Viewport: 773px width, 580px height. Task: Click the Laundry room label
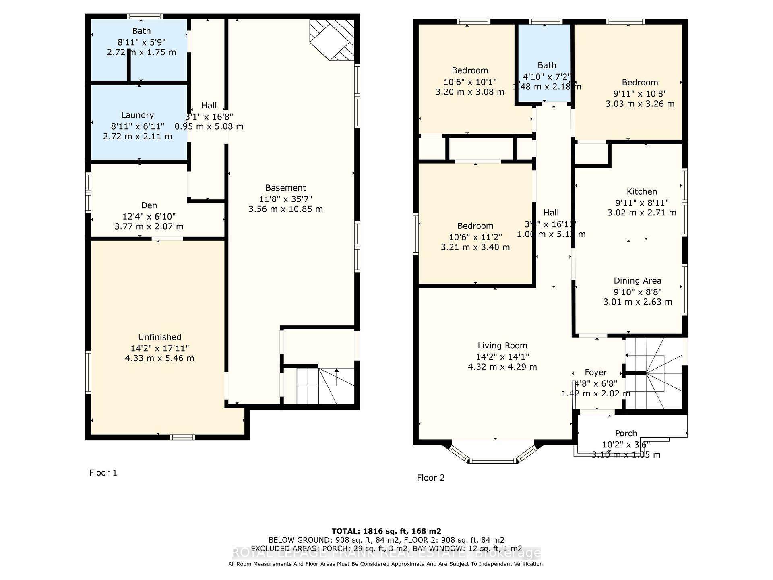pos(137,115)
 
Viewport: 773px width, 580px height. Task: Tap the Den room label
pos(149,205)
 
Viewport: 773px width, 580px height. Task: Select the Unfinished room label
pos(159,337)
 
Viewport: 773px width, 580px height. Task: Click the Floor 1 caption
pos(103,473)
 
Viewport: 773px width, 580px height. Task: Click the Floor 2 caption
pos(430,478)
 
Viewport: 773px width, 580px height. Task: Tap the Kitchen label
pos(642,192)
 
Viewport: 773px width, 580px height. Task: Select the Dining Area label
pos(637,281)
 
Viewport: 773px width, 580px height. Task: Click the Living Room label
pos(502,346)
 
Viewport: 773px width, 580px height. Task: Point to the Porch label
pos(626,433)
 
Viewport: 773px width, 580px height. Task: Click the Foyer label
pos(595,373)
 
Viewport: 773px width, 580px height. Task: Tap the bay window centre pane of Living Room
pos(493,460)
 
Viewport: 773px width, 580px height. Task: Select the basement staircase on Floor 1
pos(318,385)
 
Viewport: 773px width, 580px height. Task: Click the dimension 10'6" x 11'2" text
pos(475,237)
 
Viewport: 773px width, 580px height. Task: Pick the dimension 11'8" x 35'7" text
pos(285,199)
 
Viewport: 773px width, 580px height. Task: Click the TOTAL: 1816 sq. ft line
pos(386,531)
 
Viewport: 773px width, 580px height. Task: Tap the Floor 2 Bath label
pos(547,65)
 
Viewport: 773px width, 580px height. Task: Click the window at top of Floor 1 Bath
pos(145,17)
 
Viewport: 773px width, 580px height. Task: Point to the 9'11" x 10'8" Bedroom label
pos(640,83)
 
